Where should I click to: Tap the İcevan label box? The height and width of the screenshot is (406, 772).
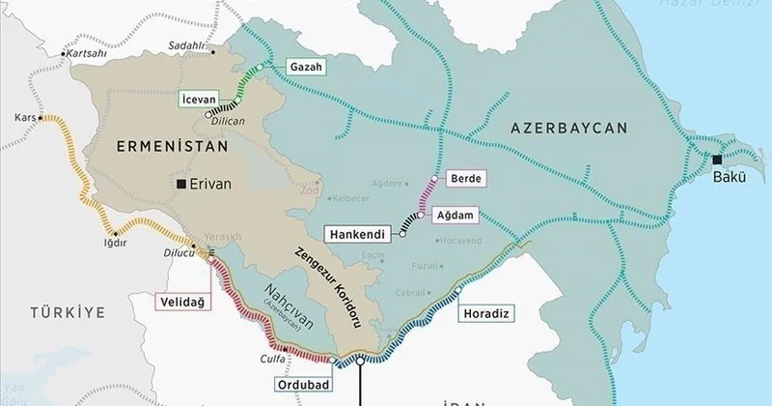[206, 97]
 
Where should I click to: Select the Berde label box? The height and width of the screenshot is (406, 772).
[465, 178]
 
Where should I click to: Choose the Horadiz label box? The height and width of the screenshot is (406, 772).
[485, 312]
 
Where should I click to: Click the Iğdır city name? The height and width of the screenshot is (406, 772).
[115, 243]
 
